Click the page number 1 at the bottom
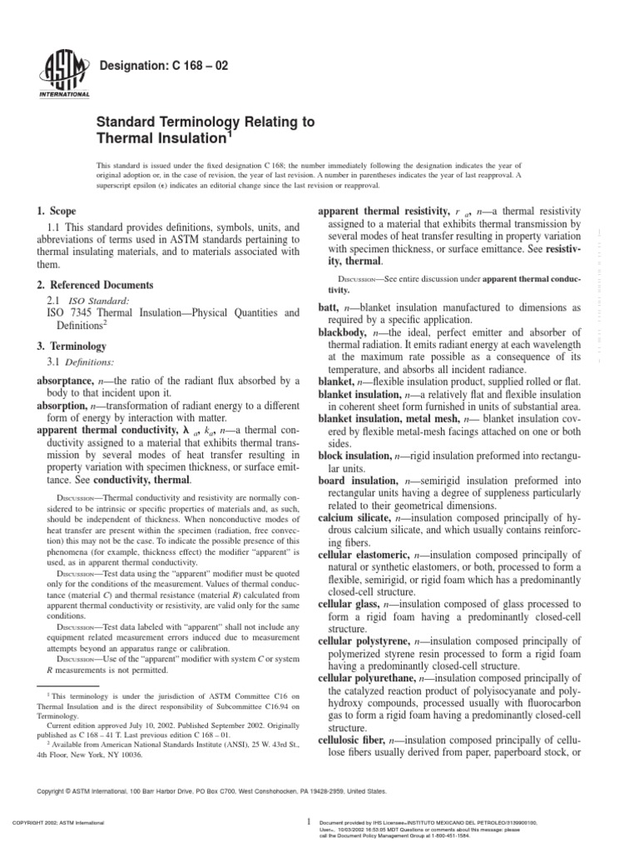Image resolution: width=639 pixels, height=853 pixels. (x=309, y=821)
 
